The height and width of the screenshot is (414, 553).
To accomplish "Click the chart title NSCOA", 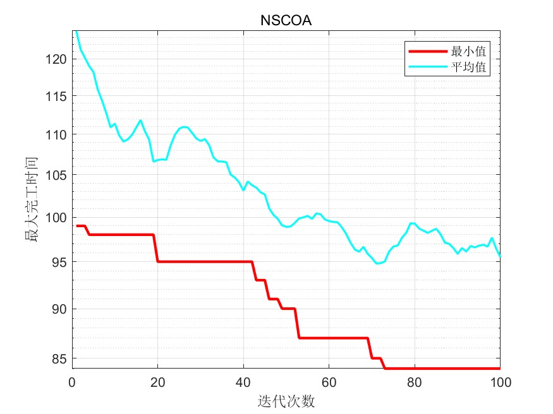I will coord(286,21).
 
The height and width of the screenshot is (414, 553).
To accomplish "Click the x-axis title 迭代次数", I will coord(286,401).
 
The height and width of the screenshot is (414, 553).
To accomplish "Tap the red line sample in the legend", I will coord(427,51).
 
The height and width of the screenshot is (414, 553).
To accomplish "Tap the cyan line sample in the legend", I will coord(427,67).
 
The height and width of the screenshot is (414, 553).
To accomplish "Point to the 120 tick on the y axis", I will coord(59,59).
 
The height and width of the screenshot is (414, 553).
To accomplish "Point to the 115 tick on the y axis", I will coord(59,96).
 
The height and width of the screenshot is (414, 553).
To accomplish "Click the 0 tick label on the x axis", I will coord(72,382).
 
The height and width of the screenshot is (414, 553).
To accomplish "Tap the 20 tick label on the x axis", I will coord(158,382).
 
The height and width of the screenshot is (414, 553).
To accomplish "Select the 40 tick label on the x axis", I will coord(243,382).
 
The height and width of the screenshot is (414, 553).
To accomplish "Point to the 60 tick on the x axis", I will coord(329,382).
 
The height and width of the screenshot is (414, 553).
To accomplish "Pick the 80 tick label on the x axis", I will coord(415,382).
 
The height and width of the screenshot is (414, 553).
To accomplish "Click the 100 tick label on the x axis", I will coord(500,382).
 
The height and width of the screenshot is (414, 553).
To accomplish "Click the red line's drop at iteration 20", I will coord(155,248).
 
